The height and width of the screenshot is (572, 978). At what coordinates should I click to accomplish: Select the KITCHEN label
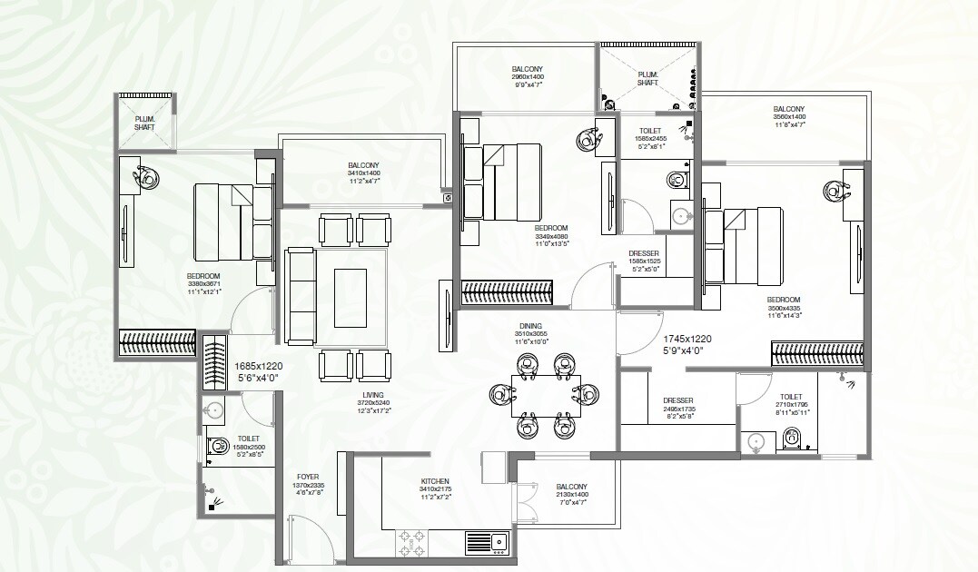coord(434,481)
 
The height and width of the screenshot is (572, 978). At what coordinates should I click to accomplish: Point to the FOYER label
coord(309,477)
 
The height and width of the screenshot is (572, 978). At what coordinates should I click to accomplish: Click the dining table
coord(540,395)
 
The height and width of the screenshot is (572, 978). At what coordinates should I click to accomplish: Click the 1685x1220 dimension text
coord(264,366)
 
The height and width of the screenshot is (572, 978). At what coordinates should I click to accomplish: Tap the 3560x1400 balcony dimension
coord(788,117)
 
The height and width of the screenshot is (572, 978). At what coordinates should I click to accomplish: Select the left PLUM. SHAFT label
coord(143,123)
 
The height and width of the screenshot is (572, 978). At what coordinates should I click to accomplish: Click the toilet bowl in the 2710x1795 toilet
coord(792,439)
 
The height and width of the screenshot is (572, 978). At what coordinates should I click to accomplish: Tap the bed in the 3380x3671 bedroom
coord(223,222)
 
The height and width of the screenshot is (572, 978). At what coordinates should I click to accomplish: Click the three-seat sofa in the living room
coord(299,296)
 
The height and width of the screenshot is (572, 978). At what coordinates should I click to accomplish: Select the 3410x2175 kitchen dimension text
coord(434,490)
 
